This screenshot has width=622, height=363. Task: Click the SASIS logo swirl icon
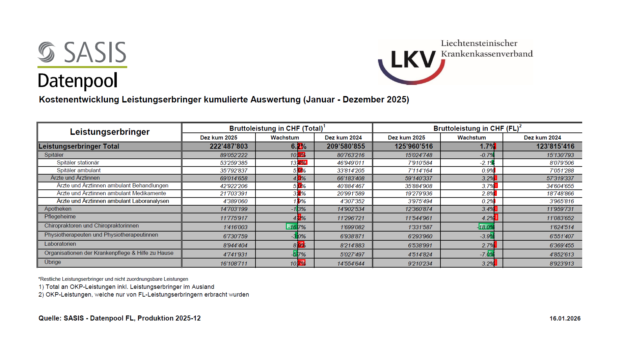tap(47, 52)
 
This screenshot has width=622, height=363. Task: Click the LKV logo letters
tap(413, 60)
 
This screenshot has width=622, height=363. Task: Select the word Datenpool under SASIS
tap(78, 81)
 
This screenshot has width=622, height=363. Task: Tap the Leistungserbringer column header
tap(110, 132)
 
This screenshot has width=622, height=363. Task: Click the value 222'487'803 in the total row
tap(228, 146)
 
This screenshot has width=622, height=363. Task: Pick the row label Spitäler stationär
tap(78, 162)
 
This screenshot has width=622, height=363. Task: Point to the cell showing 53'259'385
tap(234, 163)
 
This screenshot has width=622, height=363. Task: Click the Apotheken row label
tap(58, 209)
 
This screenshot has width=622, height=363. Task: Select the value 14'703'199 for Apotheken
tap(234, 209)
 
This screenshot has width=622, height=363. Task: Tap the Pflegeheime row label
tap(60, 217)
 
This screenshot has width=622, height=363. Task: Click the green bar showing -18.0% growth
tap(486, 227)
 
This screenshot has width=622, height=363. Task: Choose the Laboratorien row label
tap(60, 244)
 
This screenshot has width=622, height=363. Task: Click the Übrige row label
tap(53, 262)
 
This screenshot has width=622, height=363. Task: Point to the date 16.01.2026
tap(565, 319)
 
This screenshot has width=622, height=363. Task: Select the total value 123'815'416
tap(555, 146)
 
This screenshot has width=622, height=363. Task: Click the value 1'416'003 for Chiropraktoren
tap(235, 227)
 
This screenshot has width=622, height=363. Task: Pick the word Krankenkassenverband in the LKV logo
tap(487, 54)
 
